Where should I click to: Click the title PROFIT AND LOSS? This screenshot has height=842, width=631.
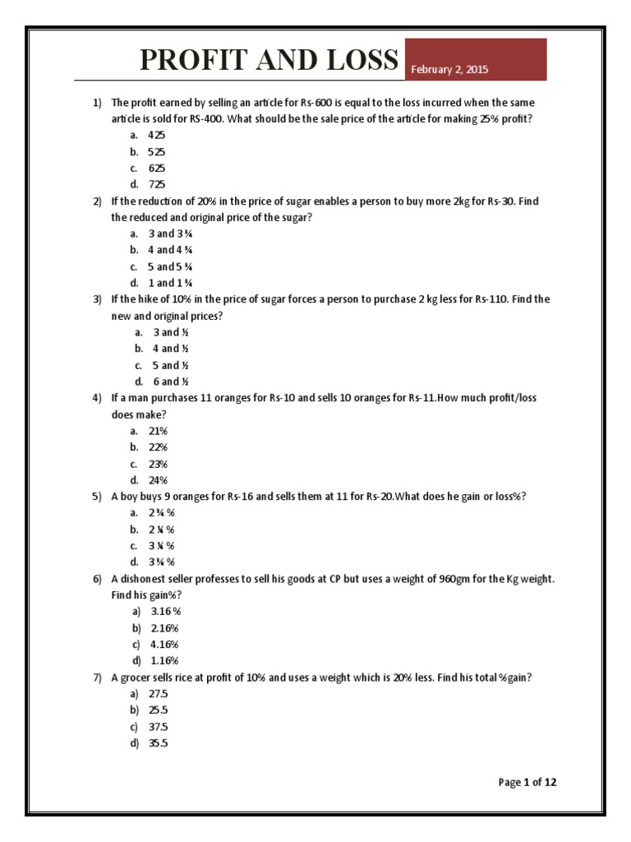click(269, 60)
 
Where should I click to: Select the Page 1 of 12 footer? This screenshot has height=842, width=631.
click(527, 782)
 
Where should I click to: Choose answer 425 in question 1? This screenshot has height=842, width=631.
click(157, 135)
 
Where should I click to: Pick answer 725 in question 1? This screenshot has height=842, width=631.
click(157, 184)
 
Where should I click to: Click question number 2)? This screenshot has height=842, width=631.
click(96, 201)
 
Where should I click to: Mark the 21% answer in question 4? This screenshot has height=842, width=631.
click(158, 431)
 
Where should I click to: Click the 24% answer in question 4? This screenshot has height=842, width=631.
click(158, 480)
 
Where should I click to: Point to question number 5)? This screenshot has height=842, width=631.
click(96, 497)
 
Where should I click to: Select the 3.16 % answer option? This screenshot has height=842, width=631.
click(165, 612)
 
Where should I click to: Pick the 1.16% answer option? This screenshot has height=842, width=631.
click(164, 661)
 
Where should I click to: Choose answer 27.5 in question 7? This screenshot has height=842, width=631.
click(158, 694)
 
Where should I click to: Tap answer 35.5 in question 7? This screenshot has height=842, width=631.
click(158, 743)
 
